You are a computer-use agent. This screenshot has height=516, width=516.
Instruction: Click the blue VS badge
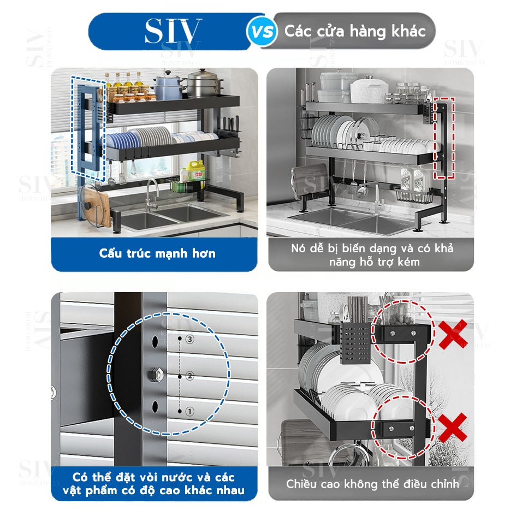click(262, 32)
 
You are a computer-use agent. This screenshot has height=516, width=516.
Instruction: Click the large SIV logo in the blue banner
click(173, 31)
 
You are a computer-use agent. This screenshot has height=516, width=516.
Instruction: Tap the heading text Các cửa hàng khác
click(355, 31)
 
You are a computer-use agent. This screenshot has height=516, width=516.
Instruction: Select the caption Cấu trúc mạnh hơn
click(157, 253)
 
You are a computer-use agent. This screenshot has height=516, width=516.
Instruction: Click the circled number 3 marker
click(190, 339)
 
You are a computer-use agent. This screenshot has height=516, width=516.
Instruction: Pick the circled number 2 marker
click(190, 376)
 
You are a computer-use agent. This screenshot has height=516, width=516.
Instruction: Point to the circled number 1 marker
click(190, 411)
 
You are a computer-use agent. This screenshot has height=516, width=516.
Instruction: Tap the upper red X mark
click(453, 334)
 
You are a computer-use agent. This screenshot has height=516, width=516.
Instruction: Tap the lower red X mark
click(453, 428)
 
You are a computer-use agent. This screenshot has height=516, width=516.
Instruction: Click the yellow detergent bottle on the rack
click(195, 170)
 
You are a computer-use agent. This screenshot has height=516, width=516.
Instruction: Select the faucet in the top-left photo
click(151, 195)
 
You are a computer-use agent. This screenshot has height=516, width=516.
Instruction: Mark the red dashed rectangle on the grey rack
click(444, 138)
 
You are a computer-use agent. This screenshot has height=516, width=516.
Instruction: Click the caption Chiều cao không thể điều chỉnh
click(372, 484)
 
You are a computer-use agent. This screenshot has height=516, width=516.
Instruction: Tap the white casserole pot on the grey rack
click(369, 90)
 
